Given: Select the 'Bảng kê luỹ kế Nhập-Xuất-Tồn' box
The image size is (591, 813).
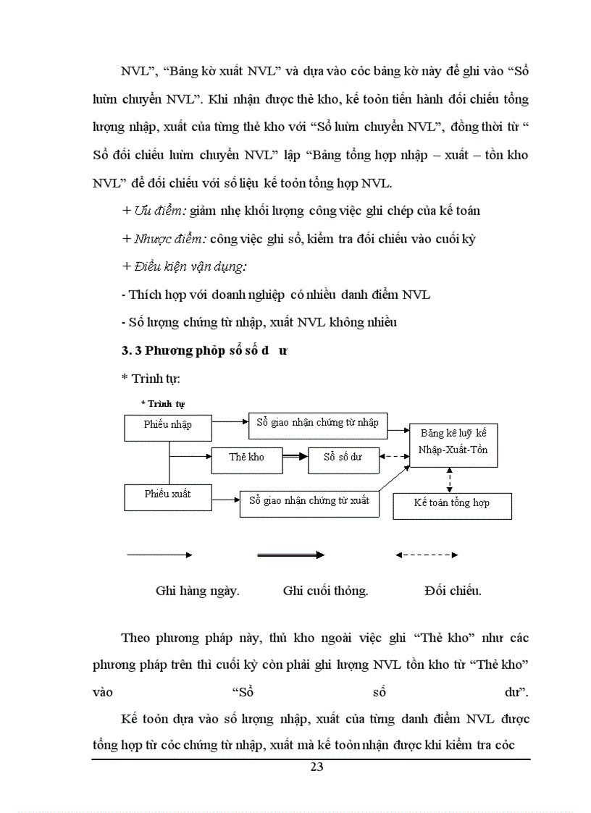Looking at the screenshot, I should click(454, 445).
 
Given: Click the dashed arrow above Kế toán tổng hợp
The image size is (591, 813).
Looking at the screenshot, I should click(450, 480).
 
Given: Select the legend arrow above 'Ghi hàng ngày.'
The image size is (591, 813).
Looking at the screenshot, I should click(159, 555).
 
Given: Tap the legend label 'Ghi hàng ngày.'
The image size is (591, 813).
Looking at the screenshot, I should click(198, 591).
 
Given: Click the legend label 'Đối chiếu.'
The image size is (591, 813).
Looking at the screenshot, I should click(453, 591).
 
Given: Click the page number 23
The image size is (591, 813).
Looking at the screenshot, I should click(317, 768).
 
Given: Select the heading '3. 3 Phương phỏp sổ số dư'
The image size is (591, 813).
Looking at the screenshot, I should click(204, 351).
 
